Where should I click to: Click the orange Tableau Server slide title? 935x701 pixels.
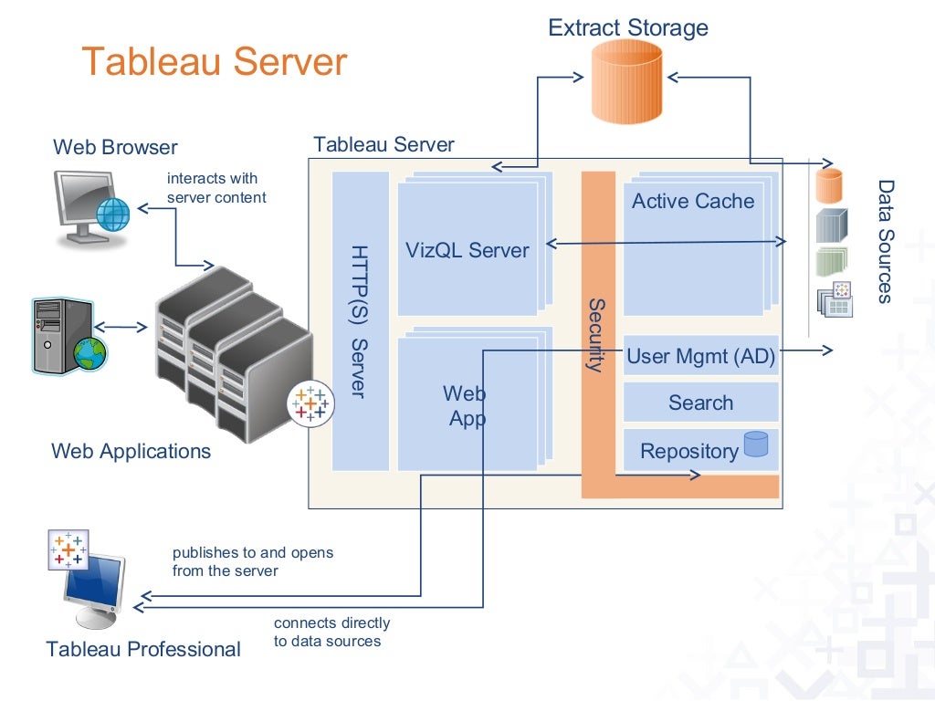(x=215, y=62)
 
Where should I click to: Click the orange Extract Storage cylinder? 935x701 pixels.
(x=626, y=82)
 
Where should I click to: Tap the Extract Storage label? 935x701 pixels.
(x=628, y=27)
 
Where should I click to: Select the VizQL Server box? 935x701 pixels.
(x=467, y=250)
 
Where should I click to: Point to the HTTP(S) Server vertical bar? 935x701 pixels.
(x=360, y=320)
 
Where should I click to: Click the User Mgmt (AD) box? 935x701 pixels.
(x=700, y=357)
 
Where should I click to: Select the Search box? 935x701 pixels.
(x=700, y=403)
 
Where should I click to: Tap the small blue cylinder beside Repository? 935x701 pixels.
(x=755, y=445)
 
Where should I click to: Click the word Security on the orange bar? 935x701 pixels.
(x=596, y=335)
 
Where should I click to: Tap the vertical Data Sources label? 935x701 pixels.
(x=885, y=241)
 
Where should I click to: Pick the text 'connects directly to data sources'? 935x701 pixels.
(x=331, y=632)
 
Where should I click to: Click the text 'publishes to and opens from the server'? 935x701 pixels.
(x=253, y=561)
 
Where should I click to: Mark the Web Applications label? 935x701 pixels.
(x=131, y=451)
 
